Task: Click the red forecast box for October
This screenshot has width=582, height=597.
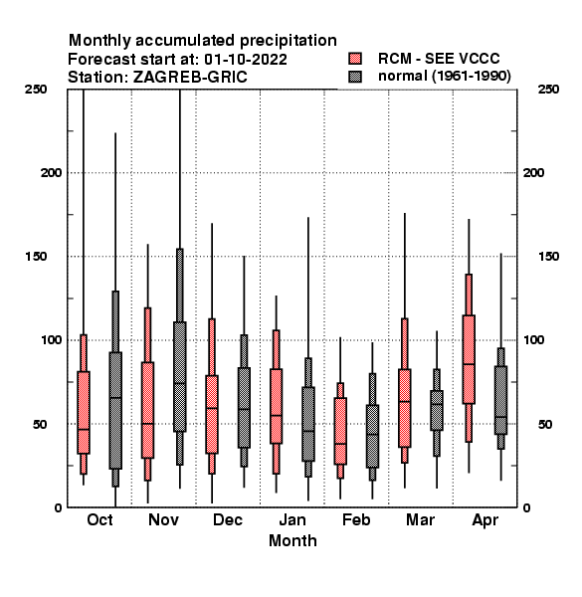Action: coord(84,412)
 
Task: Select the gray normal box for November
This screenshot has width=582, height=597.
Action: coord(180,376)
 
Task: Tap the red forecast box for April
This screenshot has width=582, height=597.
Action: coord(469,359)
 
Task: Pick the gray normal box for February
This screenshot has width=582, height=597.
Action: coord(372,436)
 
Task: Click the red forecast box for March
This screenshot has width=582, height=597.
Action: coord(405,408)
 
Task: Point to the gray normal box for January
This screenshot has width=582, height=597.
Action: coord(308,424)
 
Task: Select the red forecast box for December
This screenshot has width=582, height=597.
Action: coord(212,414)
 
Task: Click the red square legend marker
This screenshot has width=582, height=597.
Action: coord(355,59)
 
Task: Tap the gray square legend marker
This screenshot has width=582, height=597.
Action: coord(355,77)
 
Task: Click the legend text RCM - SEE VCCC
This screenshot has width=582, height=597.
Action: coord(439,59)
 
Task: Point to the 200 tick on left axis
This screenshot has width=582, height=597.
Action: coord(51,173)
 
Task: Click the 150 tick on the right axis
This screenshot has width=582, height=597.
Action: coord(548,257)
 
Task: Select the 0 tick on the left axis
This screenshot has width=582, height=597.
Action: coord(58,507)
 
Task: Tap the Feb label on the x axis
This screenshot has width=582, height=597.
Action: coord(356,519)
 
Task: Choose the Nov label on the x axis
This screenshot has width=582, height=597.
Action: coord(163,519)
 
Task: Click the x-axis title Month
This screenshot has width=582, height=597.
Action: coord(292,540)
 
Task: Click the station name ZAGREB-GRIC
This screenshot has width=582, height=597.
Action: coord(190,78)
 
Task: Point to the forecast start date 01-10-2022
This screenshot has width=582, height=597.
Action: coord(246,60)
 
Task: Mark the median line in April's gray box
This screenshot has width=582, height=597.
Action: coord(501,417)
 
